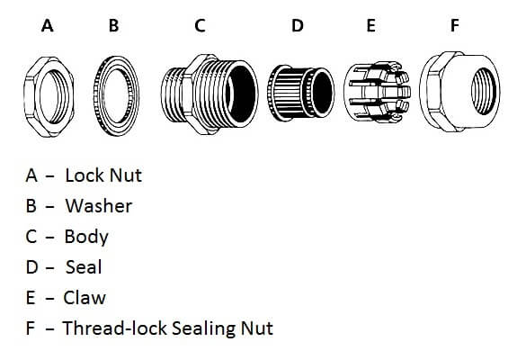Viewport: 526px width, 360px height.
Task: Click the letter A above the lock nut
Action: click(x=48, y=25)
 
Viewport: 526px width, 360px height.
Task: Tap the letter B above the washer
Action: click(x=114, y=25)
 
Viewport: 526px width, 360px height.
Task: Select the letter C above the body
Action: click(x=200, y=25)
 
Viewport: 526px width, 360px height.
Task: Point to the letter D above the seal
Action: click(x=298, y=25)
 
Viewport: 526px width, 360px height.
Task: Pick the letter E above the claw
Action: click(x=370, y=25)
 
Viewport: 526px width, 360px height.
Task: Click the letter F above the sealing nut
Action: click(x=454, y=25)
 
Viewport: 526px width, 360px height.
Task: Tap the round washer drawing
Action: click(x=98, y=97)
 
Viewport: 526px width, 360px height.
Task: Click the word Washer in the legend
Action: click(x=99, y=206)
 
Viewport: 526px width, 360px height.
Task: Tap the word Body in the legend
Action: click(x=86, y=237)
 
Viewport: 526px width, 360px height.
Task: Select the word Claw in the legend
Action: click(x=85, y=298)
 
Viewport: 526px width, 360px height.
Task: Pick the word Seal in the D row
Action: click(x=84, y=267)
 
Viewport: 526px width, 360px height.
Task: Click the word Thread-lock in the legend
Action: click(x=115, y=328)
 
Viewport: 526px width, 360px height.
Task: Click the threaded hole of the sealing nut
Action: click(x=484, y=91)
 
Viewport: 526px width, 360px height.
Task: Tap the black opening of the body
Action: click(x=240, y=94)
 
